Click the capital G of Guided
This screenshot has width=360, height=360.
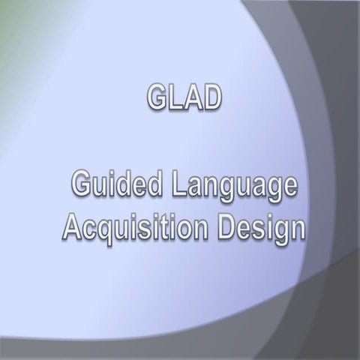click(82, 184)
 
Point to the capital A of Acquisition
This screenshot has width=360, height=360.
click(72, 226)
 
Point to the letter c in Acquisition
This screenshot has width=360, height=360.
click(90, 228)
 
